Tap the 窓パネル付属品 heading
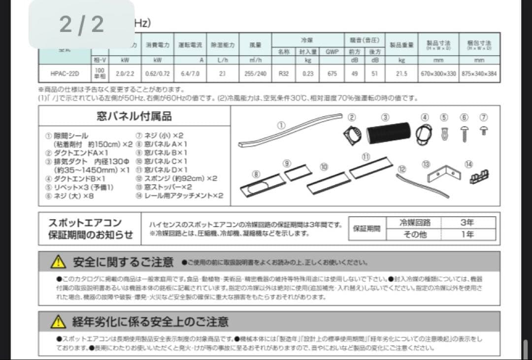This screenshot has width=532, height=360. tap(134, 116)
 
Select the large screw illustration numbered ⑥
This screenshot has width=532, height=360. tap(464, 132)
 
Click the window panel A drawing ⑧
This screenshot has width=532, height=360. tap(263, 185)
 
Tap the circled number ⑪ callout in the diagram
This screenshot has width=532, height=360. tap(366, 157)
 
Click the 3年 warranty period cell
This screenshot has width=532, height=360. tap(467, 223)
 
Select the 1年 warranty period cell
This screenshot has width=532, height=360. tap(467, 234)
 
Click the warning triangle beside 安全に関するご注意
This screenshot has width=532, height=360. tap(58, 262)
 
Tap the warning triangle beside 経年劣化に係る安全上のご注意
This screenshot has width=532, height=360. tap(58, 322)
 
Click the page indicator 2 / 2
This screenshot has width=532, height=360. tap(82, 24)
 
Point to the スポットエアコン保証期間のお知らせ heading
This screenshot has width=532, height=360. tap(90, 229)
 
